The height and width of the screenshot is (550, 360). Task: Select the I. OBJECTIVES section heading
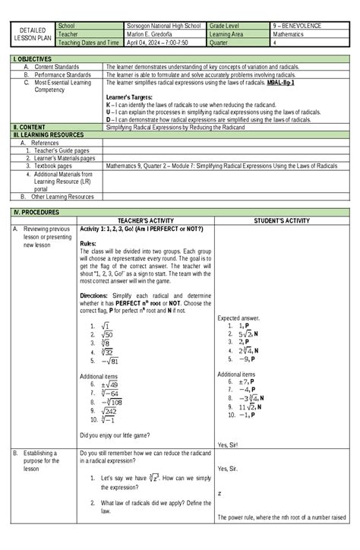coord(28,58)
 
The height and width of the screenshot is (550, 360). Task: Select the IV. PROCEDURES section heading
coord(30,212)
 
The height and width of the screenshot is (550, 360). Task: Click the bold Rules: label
coord(89,244)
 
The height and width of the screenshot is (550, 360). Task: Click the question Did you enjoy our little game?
coord(114,435)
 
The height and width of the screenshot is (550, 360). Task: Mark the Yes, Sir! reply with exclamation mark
coord(229,444)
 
